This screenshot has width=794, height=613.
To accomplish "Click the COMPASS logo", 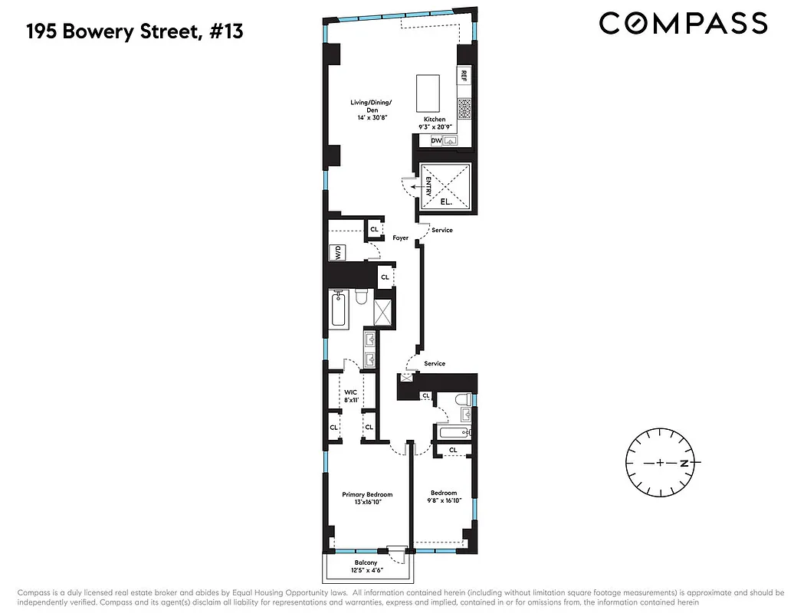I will [683, 23].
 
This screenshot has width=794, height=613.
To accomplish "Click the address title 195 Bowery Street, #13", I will [135, 32].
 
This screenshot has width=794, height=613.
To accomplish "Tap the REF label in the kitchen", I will [464, 76].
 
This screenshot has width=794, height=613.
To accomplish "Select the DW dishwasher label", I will [436, 141].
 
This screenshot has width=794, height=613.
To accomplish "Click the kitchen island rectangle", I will [428, 94].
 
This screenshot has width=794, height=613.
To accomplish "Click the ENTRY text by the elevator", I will [429, 186].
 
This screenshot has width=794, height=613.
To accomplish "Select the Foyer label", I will [401, 238].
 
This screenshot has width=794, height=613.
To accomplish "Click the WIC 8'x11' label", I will [350, 395].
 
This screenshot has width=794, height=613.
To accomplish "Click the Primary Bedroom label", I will [367, 495].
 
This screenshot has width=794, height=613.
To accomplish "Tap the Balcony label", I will [366, 563].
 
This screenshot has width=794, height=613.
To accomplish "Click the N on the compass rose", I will [691, 464].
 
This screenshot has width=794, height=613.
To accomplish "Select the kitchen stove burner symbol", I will [464, 107].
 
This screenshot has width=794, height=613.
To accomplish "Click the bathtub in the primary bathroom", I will [339, 310].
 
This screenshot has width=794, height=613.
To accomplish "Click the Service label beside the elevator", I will [442, 231].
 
